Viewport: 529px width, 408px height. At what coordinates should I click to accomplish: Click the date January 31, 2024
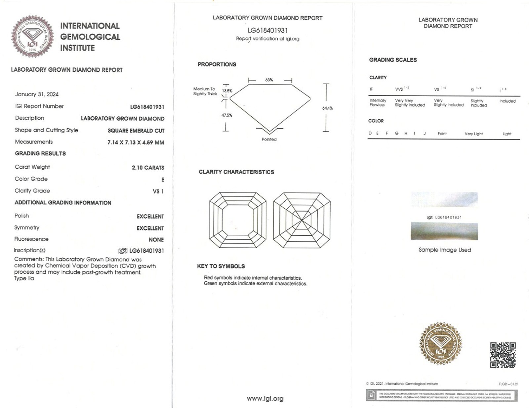(x=37, y=94)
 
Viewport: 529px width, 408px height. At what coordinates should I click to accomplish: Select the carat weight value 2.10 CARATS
(x=148, y=168)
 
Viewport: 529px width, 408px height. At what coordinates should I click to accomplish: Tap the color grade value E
(x=163, y=180)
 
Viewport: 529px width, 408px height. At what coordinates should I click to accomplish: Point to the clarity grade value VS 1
(x=158, y=191)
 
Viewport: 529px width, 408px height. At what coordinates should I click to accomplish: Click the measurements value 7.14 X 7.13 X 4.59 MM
(x=136, y=143)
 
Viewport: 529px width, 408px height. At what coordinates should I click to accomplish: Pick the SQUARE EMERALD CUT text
(x=136, y=131)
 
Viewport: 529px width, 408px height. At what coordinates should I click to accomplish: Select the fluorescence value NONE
(x=156, y=240)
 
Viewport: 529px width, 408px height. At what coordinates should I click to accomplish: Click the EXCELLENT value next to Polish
(x=150, y=217)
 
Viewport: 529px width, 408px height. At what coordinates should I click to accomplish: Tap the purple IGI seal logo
(x=32, y=36)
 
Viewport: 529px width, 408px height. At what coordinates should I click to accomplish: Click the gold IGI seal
(x=441, y=344)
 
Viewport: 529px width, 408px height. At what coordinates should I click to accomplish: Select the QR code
(x=503, y=355)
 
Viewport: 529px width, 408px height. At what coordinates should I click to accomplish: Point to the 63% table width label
(x=269, y=80)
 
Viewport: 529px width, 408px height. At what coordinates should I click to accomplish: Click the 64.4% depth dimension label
(x=327, y=108)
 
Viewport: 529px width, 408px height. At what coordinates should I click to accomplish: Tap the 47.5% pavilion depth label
(x=227, y=115)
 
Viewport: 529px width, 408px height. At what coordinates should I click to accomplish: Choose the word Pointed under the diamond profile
(x=269, y=140)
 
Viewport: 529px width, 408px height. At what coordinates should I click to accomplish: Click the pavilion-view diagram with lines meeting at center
(x=302, y=220)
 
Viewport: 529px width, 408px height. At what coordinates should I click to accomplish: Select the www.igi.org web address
(x=265, y=399)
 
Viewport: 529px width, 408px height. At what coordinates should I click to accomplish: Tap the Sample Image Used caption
(x=445, y=250)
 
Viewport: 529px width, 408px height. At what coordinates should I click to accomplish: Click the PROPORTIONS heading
(x=217, y=64)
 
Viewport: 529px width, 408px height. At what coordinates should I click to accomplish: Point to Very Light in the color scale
(x=473, y=134)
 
